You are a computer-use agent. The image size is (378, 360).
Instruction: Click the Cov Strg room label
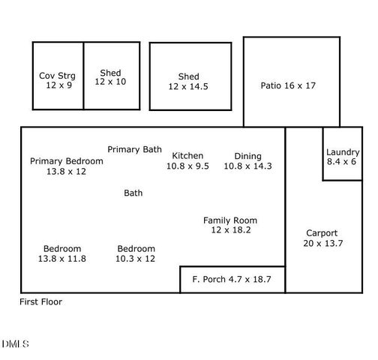[58, 76]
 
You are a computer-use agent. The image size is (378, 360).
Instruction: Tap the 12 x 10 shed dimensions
[110, 82]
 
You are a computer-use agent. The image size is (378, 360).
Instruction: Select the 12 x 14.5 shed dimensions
[188, 86]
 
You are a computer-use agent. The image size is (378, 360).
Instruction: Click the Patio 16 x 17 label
[289, 85]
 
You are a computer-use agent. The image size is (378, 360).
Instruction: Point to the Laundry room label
[343, 152]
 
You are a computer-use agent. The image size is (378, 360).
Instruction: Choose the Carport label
[322, 233]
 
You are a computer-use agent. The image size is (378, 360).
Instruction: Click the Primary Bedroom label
[67, 161]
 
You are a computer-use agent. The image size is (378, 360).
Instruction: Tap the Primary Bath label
[134, 149]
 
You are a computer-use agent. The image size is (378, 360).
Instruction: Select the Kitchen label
[187, 156]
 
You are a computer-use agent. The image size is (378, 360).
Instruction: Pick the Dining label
[247, 156]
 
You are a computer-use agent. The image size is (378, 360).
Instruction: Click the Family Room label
[230, 220]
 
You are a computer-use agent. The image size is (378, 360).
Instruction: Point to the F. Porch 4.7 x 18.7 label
[232, 280]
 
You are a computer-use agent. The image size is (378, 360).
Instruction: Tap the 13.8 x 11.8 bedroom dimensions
[62, 259]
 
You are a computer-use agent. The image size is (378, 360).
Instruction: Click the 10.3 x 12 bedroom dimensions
[136, 259]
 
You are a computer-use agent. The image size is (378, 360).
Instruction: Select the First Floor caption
[40, 302]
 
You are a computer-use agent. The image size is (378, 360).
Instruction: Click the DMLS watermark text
[15, 344]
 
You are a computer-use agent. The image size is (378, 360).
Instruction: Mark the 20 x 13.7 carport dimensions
[322, 243]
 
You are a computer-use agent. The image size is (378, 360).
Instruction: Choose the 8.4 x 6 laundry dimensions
[343, 162]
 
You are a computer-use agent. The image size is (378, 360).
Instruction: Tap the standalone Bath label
[133, 193]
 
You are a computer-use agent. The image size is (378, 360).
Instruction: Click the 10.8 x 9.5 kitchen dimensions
[187, 166]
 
